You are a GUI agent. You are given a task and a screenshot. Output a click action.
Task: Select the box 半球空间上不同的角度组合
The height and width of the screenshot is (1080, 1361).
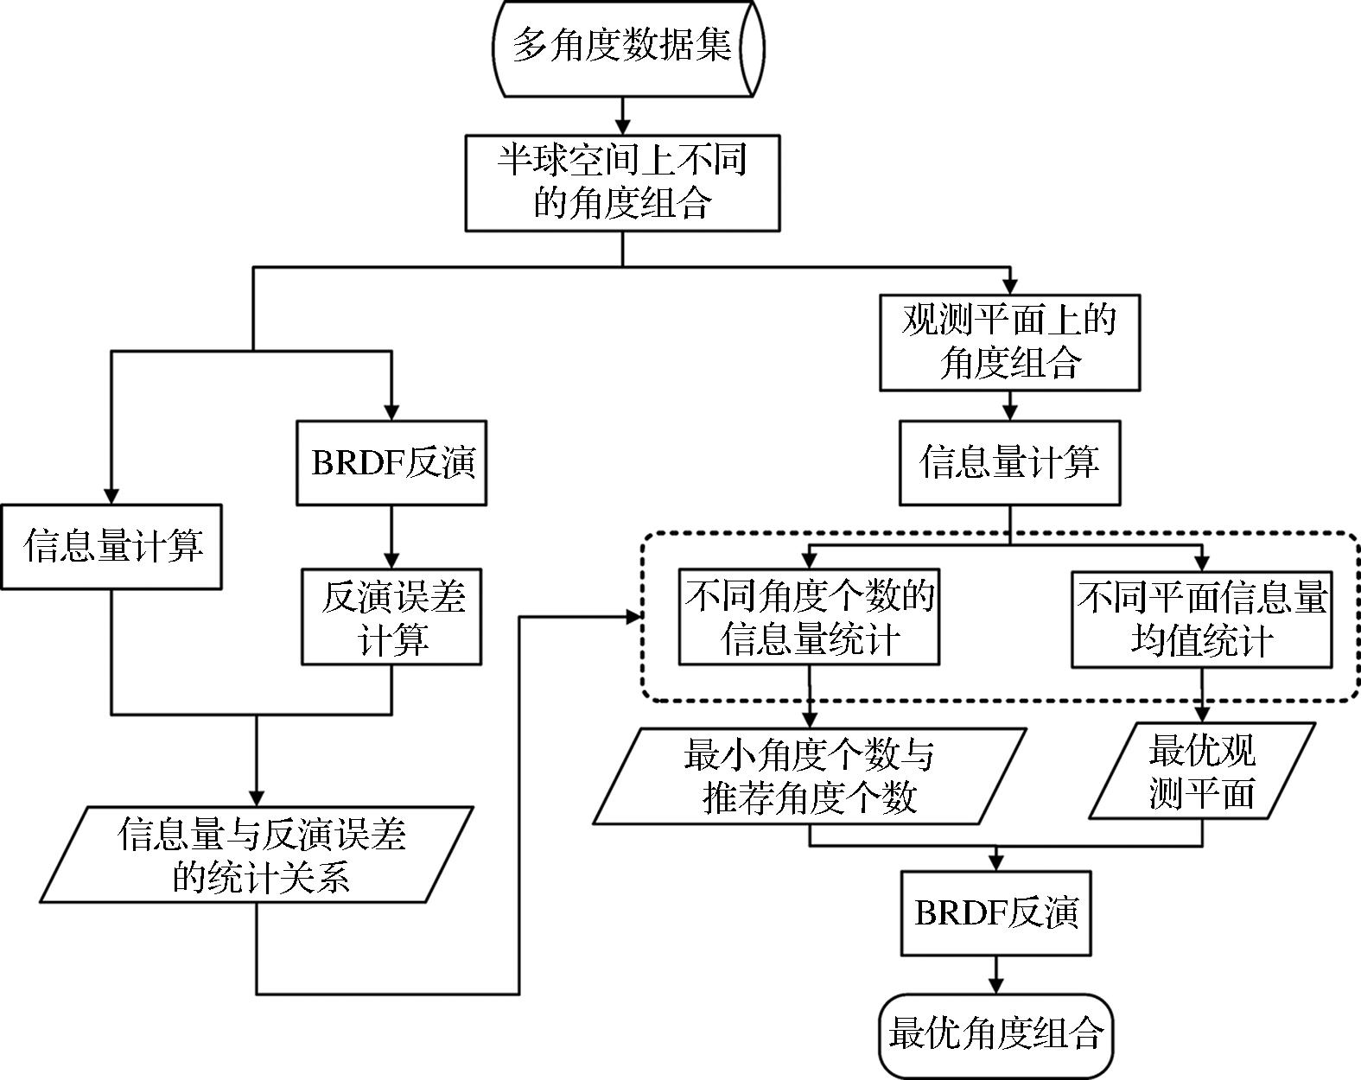pyautogui.click(x=622, y=182)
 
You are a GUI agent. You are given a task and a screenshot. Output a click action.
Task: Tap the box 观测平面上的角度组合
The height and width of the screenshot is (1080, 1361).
pyautogui.click(x=1009, y=342)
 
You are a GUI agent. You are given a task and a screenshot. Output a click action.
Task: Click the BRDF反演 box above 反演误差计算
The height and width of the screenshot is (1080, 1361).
pyautogui.click(x=391, y=462)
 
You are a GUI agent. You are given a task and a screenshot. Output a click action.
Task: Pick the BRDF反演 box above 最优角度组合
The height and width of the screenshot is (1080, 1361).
pyautogui.click(x=995, y=913)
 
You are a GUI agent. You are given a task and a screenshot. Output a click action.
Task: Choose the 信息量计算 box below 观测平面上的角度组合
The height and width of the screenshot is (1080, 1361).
pyautogui.click(x=1009, y=462)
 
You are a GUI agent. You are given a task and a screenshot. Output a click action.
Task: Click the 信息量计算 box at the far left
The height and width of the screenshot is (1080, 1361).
pyautogui.click(x=111, y=547)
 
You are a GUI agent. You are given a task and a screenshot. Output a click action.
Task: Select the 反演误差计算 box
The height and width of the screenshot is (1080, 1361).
pyautogui.click(x=391, y=616)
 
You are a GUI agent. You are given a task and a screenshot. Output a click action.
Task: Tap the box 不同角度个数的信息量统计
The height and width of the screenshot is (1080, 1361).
pyautogui.click(x=809, y=616)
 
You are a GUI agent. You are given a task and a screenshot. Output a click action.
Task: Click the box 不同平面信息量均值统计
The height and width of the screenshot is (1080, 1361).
pyautogui.click(x=1201, y=618)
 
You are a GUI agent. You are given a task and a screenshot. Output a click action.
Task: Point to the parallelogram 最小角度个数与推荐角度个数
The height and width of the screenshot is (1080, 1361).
pyautogui.click(x=810, y=775)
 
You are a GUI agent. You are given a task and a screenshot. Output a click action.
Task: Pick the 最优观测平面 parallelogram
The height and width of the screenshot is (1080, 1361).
pyautogui.click(x=1202, y=771)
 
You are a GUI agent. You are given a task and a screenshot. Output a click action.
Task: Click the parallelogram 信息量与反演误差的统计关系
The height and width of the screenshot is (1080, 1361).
pyautogui.click(x=258, y=854)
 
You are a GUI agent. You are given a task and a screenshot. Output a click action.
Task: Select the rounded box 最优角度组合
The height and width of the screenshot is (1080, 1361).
pyautogui.click(x=995, y=1035)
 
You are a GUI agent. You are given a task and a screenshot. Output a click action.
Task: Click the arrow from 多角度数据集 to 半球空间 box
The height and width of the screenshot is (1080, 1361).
pyautogui.click(x=622, y=115)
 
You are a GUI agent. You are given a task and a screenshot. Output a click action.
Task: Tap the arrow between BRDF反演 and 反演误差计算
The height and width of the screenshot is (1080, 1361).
pyautogui.click(x=391, y=537)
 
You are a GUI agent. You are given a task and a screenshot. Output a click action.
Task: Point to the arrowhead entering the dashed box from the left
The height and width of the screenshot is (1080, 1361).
pyautogui.click(x=634, y=616)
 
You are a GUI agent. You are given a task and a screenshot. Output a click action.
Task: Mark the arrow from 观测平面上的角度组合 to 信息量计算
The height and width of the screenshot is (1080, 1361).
pyautogui.click(x=1009, y=405)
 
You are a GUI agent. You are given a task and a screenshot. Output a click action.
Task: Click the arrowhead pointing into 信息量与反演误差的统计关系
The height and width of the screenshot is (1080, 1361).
pyautogui.click(x=257, y=797)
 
